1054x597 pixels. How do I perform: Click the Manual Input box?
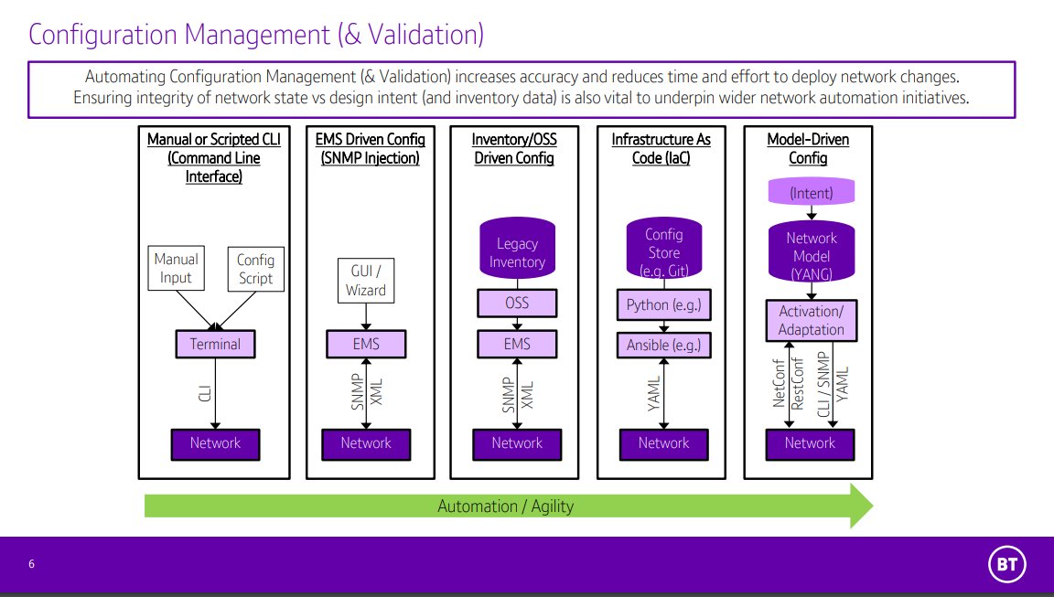tap(176, 268)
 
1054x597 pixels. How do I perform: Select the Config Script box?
tap(255, 268)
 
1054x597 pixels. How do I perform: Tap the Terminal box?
tap(215, 345)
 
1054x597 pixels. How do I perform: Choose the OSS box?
tap(517, 303)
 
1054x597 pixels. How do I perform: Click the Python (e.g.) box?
tap(663, 304)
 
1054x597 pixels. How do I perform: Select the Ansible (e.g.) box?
tap(663, 345)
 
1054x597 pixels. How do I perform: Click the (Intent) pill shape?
tap(810, 193)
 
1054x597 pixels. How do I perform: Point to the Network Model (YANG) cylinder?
tap(810, 252)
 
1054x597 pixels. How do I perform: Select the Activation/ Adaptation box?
tap(810, 320)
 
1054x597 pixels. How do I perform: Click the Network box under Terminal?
tap(215, 443)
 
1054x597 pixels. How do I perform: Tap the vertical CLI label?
tap(205, 393)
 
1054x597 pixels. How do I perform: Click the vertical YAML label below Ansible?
tap(653, 393)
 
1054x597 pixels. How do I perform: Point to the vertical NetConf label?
tap(779, 384)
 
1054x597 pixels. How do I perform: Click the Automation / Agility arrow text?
tap(505, 506)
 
